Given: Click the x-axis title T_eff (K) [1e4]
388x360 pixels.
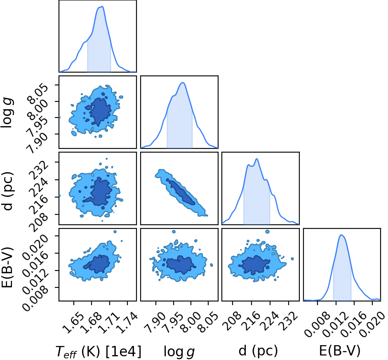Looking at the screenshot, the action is click(x=99, y=351).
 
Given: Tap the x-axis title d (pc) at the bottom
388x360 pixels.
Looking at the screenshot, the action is click(x=258, y=351).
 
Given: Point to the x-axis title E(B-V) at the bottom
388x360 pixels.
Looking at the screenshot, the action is click(x=340, y=351).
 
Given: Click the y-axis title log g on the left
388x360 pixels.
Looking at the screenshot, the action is click(x=7, y=113).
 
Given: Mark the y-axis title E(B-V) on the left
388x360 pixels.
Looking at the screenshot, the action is click(x=7, y=268).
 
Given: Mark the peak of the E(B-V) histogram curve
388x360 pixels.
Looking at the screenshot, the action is click(x=341, y=235).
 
